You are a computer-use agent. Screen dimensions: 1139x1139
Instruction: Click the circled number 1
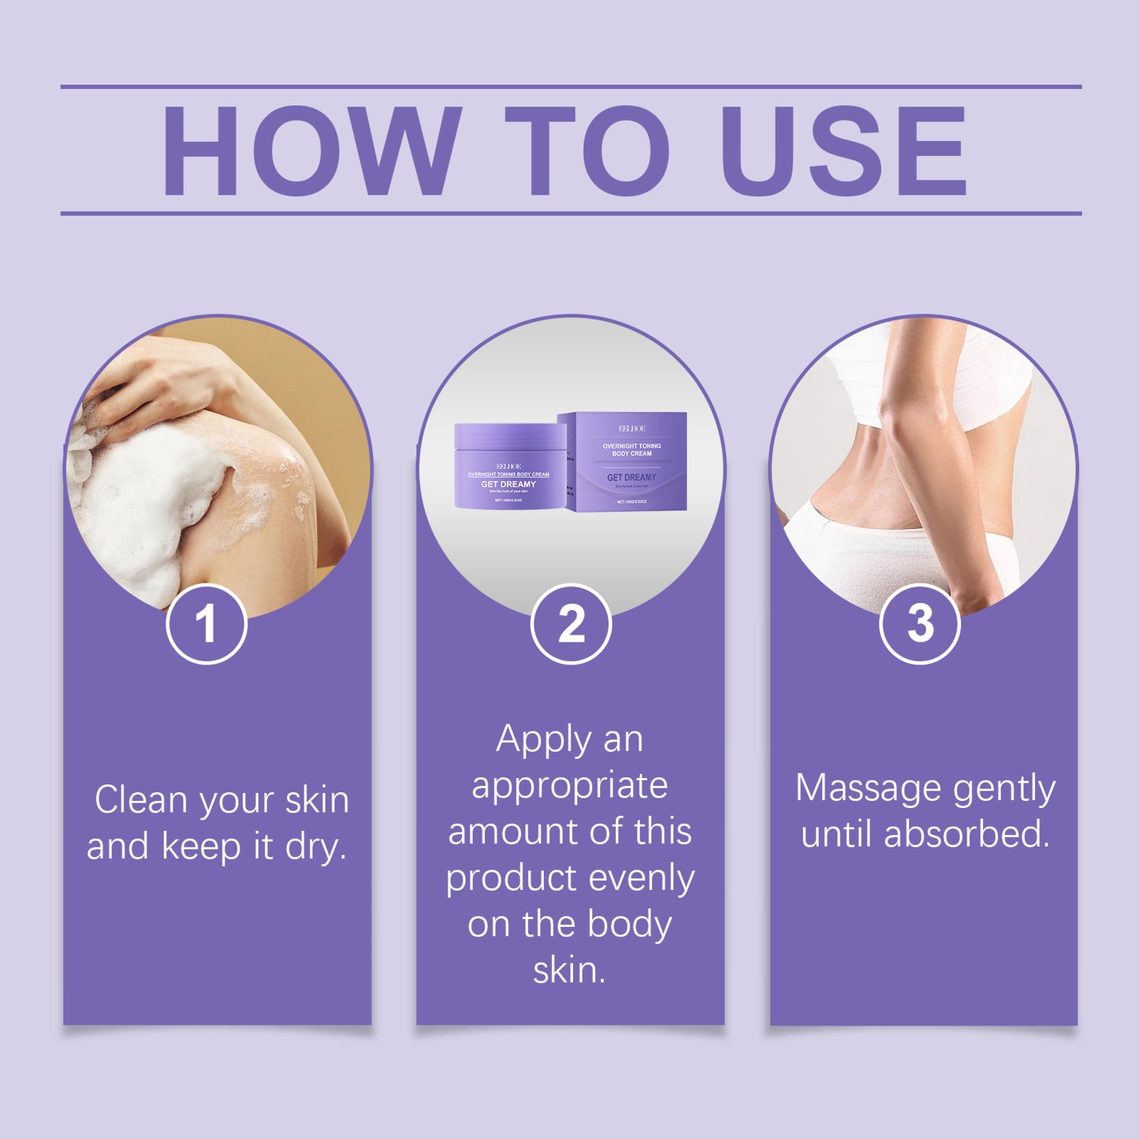[207, 624]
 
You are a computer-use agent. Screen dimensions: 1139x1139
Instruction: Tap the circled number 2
[571, 624]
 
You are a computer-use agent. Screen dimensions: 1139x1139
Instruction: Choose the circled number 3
[919, 624]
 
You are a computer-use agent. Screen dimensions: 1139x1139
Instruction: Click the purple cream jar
[508, 467]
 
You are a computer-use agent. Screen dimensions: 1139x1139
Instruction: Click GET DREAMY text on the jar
[508, 484]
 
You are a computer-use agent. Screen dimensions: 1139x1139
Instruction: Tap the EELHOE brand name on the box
[631, 428]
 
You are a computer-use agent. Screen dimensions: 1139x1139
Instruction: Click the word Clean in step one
[142, 800]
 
